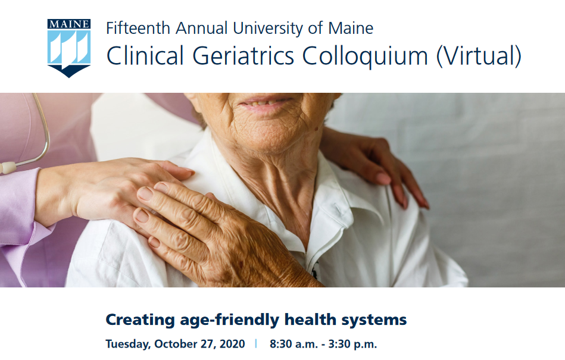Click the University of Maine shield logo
pyautogui.click(x=69, y=48)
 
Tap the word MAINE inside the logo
pyautogui.click(x=69, y=24)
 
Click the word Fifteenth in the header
pyautogui.click(x=138, y=28)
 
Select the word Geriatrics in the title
pyautogui.click(x=244, y=56)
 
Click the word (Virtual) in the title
pyautogui.click(x=479, y=56)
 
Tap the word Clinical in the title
pyautogui.click(x=145, y=56)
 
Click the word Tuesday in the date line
pyautogui.click(x=128, y=344)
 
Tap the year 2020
pyautogui.click(x=232, y=344)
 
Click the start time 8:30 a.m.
pyautogui.click(x=294, y=344)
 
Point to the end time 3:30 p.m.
pyautogui.click(x=352, y=344)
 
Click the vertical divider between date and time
pyautogui.click(x=256, y=343)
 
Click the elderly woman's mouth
pyautogui.click(x=266, y=102)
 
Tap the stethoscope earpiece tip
pyautogui.click(x=8, y=167)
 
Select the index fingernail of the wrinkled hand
pyautogui.click(x=145, y=193)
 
